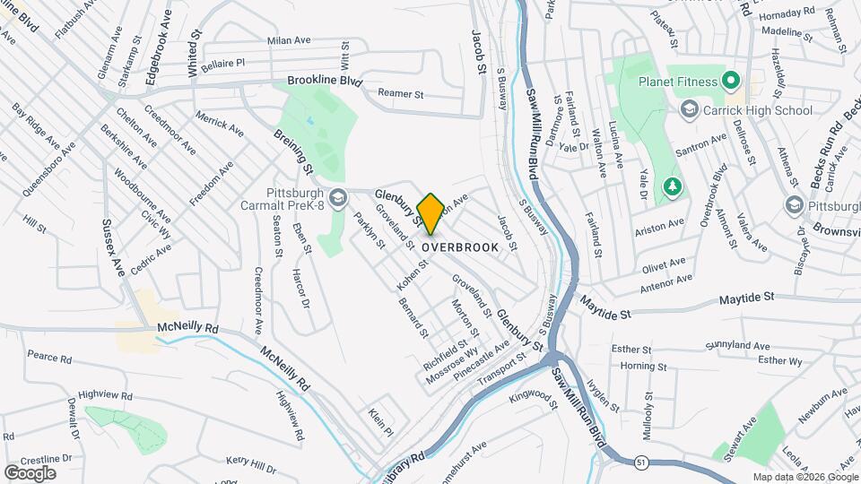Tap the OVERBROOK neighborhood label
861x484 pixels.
tap(460, 246)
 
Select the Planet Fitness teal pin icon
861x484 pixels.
tap(731, 82)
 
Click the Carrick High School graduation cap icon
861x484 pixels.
tap(690, 110)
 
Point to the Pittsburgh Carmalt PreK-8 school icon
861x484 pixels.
tap(338, 198)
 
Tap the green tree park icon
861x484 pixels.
tap(672, 186)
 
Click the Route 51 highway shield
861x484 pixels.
tap(640, 462)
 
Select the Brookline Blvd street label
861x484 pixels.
tap(325, 81)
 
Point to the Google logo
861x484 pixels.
tap(30, 472)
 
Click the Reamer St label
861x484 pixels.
tap(400, 93)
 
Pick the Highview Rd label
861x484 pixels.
tap(105, 394)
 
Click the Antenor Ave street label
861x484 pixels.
tap(667, 284)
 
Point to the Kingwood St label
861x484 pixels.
tap(533, 396)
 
